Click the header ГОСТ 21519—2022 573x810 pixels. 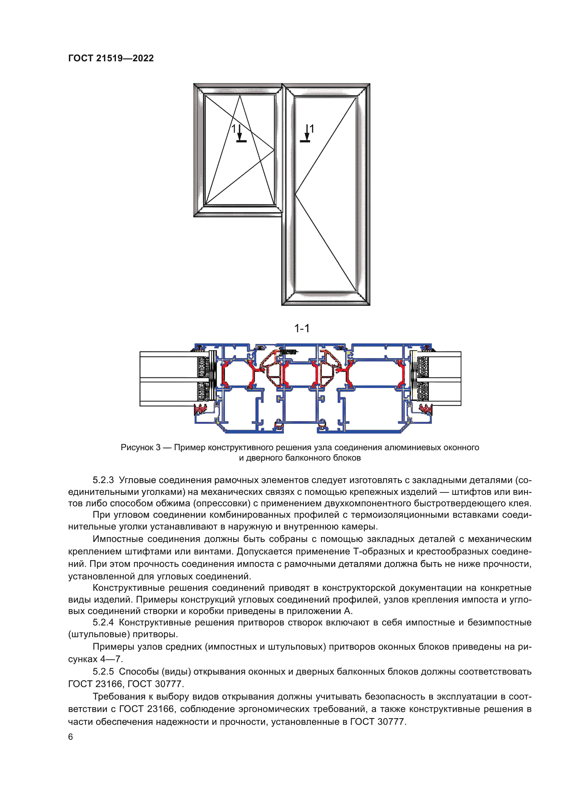coord(111,58)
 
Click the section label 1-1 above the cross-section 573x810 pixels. coord(302,328)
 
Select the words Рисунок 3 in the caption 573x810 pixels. coord(140,447)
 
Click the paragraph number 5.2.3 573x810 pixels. coord(103,480)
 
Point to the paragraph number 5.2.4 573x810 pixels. coord(103,622)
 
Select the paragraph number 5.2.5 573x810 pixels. coord(103,671)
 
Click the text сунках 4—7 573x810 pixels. coord(95,659)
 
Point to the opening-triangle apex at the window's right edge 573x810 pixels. coord(274,150)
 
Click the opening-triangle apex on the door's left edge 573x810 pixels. coord(295,194)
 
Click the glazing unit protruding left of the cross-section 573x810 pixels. coord(168,379)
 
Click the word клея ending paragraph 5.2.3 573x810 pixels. coord(522,504)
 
